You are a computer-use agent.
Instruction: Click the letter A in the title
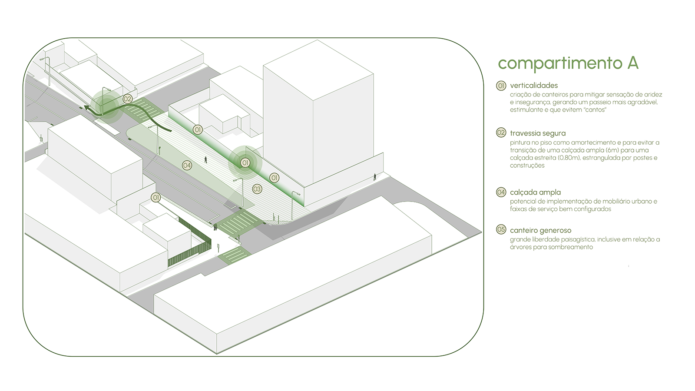click(633, 63)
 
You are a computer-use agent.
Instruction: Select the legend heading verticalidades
click(534, 86)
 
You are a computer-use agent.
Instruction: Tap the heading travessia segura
click(538, 133)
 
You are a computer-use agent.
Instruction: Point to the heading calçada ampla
click(535, 192)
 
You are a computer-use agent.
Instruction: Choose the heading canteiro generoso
click(540, 230)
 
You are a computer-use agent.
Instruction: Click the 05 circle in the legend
click(501, 229)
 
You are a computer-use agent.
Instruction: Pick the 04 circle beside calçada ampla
click(501, 192)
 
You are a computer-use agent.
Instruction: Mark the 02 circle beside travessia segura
click(501, 133)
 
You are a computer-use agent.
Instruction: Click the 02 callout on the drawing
click(127, 99)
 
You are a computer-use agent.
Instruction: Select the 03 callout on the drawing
click(257, 189)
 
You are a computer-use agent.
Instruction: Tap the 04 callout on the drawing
click(187, 165)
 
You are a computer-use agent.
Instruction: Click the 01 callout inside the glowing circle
click(245, 163)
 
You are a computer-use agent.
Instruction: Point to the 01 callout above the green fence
click(156, 198)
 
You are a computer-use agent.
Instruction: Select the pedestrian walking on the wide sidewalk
click(206, 160)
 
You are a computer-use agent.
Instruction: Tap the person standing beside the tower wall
click(375, 177)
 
